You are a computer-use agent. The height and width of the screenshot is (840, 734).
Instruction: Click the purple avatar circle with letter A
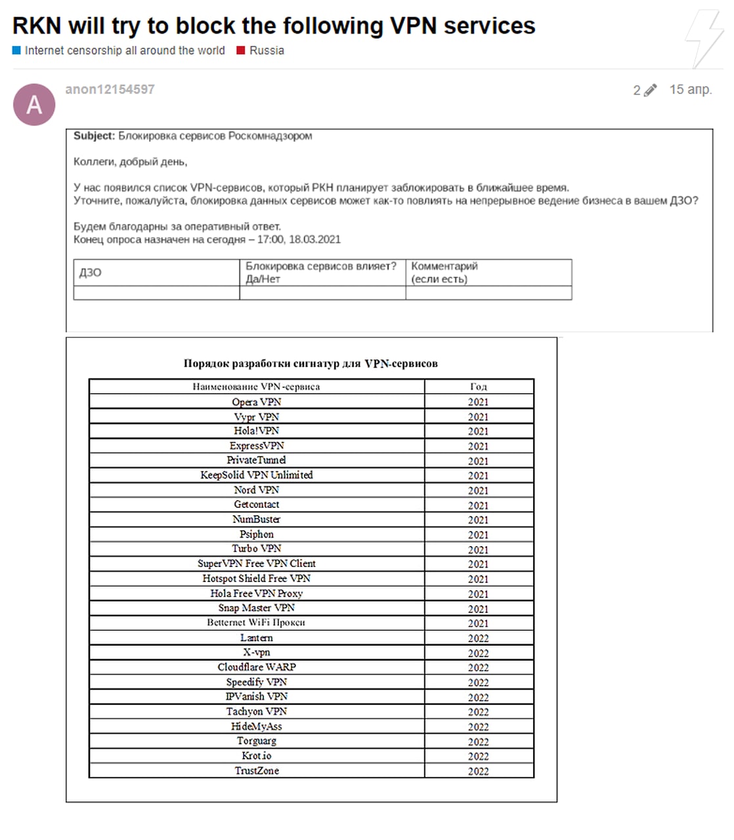pyautogui.click(x=34, y=104)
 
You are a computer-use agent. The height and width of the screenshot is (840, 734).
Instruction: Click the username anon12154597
pyautogui.click(x=110, y=89)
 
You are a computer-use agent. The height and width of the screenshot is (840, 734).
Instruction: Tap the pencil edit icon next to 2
pyautogui.click(x=650, y=91)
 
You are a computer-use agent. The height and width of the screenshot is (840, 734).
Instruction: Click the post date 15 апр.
pyautogui.click(x=690, y=90)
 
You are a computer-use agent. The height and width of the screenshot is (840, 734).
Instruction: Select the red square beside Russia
pyautogui.click(x=241, y=51)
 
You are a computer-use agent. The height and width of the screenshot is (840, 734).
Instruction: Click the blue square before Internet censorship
pyautogui.click(x=16, y=51)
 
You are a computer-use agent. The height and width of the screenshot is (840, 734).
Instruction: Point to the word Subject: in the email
pyautogui.click(x=94, y=136)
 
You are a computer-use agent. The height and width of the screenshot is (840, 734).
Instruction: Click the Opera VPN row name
pyautogui.click(x=256, y=402)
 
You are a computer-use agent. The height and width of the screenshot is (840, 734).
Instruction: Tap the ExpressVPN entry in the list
pyautogui.click(x=256, y=446)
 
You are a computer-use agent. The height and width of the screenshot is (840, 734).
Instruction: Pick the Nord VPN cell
pyautogui.click(x=256, y=490)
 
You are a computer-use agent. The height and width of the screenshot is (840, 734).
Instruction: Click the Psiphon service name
pyautogui.click(x=256, y=534)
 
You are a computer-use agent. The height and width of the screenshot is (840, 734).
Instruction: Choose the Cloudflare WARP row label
pyautogui.click(x=256, y=667)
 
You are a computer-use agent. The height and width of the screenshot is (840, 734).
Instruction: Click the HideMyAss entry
pyautogui.click(x=256, y=726)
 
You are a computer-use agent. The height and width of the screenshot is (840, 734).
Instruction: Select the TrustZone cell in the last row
pyautogui.click(x=256, y=770)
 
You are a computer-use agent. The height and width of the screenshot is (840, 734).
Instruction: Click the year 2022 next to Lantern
pyautogui.click(x=478, y=638)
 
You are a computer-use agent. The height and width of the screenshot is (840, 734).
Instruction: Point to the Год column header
pyautogui.click(x=478, y=387)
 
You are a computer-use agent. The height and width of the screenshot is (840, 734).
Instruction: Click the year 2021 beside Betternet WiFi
pyautogui.click(x=478, y=623)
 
